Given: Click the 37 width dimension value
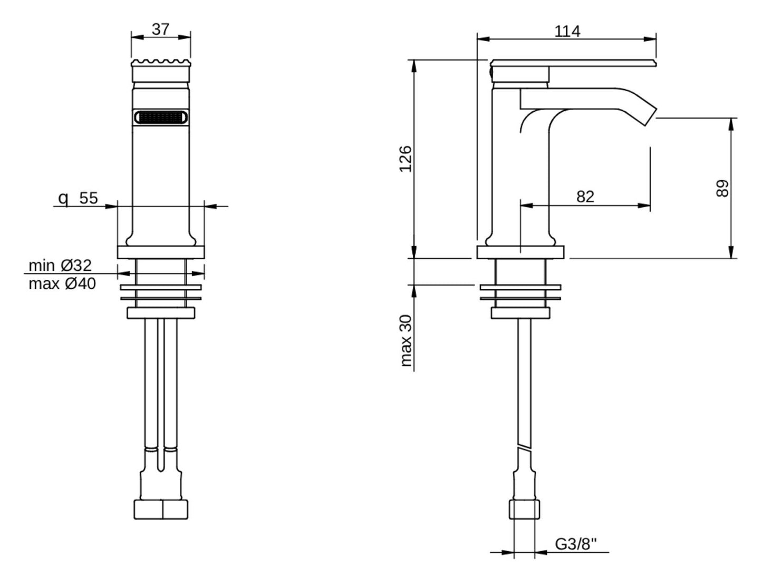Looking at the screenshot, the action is [160, 29].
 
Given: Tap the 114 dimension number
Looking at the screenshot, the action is [567, 32].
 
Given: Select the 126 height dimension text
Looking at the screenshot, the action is [405, 159].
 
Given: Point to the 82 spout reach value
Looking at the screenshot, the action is [585, 197].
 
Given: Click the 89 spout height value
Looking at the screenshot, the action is [722, 188].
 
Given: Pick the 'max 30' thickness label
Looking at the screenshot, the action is [406, 340].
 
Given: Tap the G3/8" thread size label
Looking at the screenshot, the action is [576, 544].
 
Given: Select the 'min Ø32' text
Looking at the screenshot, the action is [60, 265].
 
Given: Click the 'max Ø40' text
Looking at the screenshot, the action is [62, 284].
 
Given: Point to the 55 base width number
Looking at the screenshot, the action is [89, 198].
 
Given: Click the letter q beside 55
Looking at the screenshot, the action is [63, 199].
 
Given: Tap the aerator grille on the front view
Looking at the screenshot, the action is [161, 117].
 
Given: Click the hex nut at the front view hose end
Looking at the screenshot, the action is [161, 510].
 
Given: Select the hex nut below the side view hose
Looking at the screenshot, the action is [524, 510].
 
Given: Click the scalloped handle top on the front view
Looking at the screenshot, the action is [161, 63].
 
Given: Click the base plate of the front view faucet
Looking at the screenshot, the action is [161, 252].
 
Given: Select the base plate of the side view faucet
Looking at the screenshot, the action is [520, 252].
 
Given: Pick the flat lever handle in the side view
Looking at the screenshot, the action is [573, 63].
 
